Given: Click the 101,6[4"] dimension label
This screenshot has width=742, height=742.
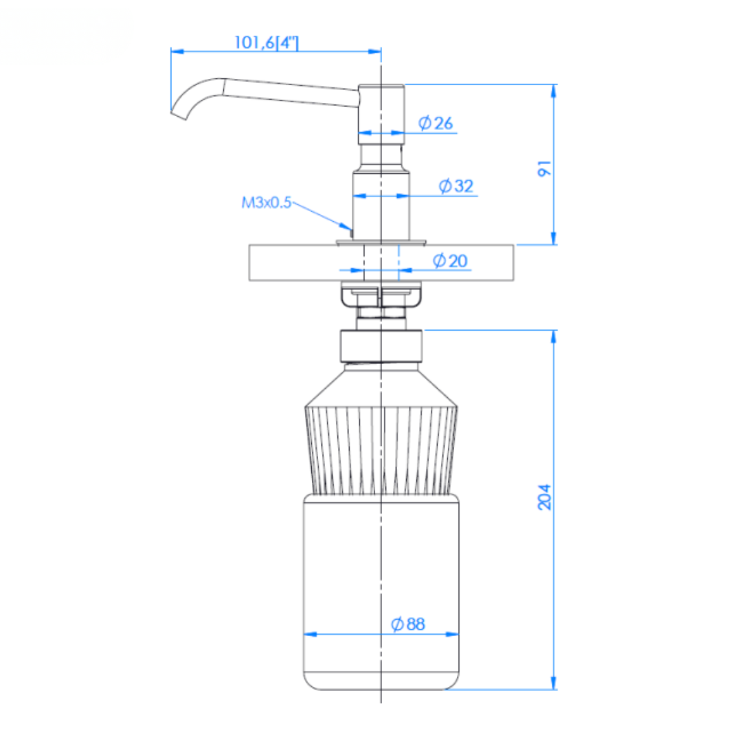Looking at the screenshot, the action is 267,43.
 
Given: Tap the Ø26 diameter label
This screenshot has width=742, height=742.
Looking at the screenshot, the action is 436,123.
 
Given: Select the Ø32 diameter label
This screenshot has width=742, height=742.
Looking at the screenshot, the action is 456,186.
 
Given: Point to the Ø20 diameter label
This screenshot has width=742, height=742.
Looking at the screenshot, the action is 450,261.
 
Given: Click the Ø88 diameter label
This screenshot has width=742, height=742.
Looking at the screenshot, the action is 408,624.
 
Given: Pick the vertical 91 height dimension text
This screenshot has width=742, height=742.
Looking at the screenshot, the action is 545,168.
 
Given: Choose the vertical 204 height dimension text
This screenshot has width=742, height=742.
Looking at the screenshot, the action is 545,497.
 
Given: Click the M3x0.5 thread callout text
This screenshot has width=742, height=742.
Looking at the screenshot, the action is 267,203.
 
